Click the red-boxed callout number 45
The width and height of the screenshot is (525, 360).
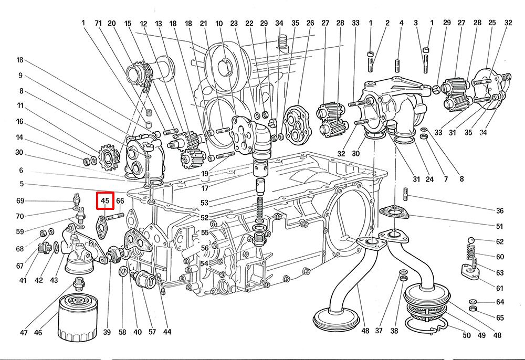105,201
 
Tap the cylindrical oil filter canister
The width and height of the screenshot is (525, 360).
78,317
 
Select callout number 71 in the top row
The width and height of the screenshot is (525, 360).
98,23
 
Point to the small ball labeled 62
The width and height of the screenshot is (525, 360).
471,240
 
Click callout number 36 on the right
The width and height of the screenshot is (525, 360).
500,211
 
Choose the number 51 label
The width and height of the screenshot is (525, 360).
500,227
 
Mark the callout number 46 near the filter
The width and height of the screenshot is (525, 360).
38,333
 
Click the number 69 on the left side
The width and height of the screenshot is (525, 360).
20,201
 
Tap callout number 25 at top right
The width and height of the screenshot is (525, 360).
492,23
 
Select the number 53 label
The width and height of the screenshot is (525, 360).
204,203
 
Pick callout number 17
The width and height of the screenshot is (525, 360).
205,188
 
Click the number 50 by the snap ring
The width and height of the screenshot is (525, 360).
466,335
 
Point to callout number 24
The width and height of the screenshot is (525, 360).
429,179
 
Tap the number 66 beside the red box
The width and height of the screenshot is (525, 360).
120,201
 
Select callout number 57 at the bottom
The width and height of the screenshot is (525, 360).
152,332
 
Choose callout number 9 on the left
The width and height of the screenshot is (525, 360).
20,75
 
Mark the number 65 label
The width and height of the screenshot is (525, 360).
500,317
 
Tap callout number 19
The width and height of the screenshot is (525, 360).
205,174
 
